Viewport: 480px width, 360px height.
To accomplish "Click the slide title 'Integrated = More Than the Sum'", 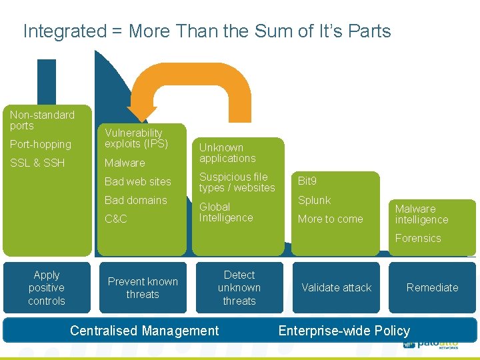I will pyautogui.click(x=207, y=31).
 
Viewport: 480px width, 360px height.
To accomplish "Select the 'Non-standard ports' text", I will pyautogui.click(x=42, y=120).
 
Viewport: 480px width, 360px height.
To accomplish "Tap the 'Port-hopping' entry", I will pyautogui.click(x=40, y=144).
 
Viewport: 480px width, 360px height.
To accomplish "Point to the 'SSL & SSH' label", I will pyautogui.click(x=37, y=163).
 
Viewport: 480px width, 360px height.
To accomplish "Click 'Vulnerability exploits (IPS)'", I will pyautogui.click(x=136, y=138).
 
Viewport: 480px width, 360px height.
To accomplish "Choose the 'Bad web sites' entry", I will pyautogui.click(x=138, y=181).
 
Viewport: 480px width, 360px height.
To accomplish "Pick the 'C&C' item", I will pyautogui.click(x=115, y=219).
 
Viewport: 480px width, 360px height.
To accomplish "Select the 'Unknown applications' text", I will pyautogui.click(x=227, y=153).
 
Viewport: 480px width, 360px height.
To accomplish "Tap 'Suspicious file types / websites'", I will pyautogui.click(x=237, y=182).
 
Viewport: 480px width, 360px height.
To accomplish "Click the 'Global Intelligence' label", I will pyautogui.click(x=226, y=212).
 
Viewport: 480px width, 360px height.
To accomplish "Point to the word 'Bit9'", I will pyautogui.click(x=307, y=181).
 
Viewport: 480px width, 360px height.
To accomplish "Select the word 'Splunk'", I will pyautogui.click(x=314, y=200).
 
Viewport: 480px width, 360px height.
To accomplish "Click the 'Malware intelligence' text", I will pyautogui.click(x=421, y=214).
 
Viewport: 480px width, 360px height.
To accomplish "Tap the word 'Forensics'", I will pyautogui.click(x=418, y=238).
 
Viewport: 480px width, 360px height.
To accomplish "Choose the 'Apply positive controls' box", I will pyautogui.click(x=47, y=287).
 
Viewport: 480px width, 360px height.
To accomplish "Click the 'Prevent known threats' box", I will pyautogui.click(x=143, y=287).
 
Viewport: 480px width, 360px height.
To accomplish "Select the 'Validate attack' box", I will pyautogui.click(x=336, y=287).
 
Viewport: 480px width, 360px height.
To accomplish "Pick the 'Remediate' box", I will pyautogui.click(x=432, y=287).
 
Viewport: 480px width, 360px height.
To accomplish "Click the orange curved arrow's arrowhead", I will pyautogui.click(x=143, y=115).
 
